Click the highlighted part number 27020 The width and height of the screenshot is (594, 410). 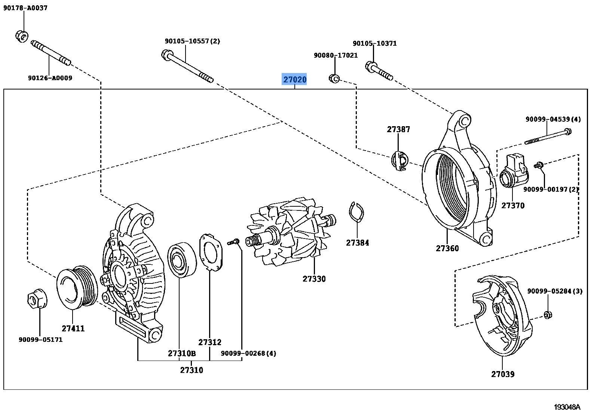click(294, 79)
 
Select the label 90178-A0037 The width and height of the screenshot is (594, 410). click(25, 8)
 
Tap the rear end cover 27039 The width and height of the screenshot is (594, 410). click(501, 315)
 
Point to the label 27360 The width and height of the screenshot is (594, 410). click(447, 248)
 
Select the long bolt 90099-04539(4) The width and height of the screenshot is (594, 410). click(548, 136)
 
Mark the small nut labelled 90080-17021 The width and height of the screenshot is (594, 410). click(334, 79)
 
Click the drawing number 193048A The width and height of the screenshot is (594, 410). click(567, 407)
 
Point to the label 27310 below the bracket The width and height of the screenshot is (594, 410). click(192, 370)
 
